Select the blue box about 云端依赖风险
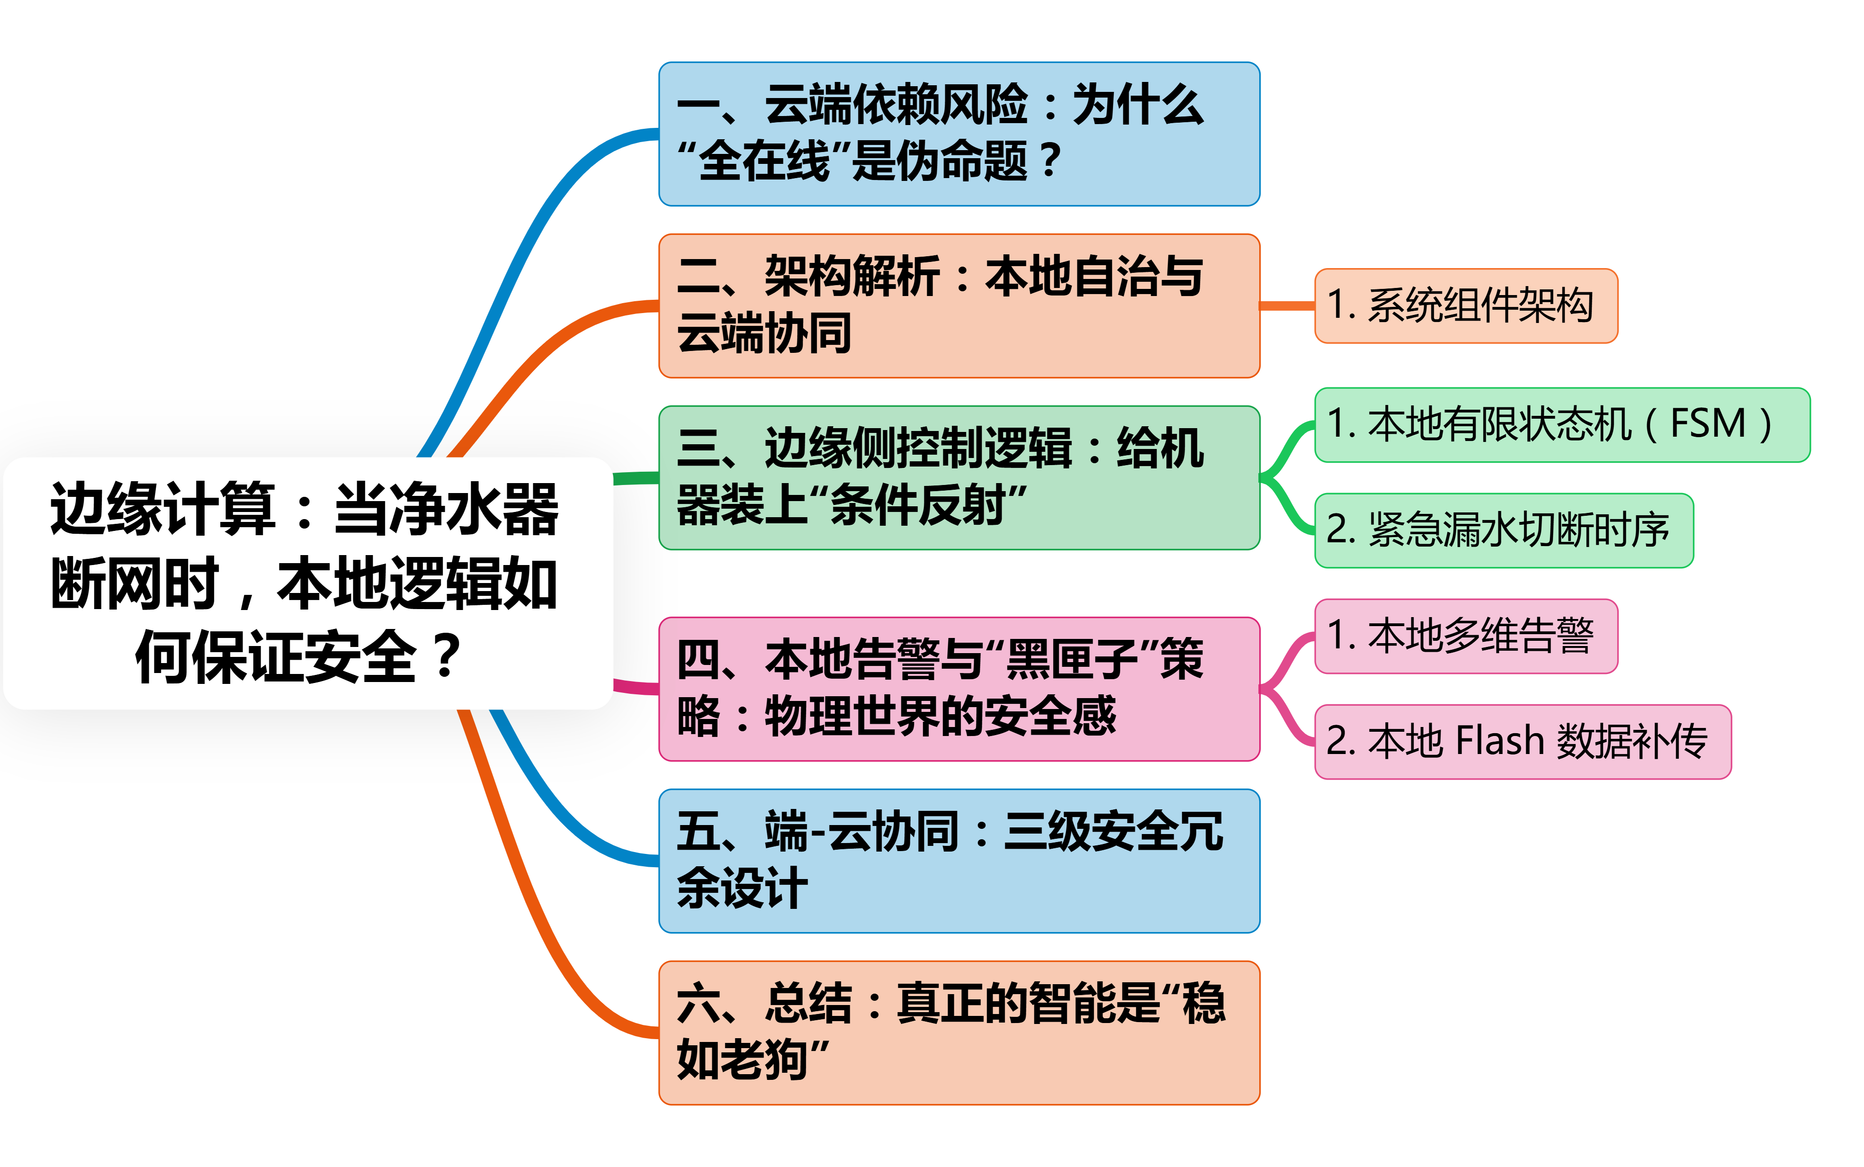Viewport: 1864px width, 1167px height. pyautogui.click(x=959, y=134)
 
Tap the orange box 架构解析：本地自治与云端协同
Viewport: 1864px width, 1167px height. pyautogui.click(x=959, y=305)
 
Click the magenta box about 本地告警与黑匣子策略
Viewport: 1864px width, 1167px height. pyautogui.click(x=959, y=689)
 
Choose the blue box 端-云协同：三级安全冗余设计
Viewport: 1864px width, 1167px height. pyautogui.click(x=959, y=861)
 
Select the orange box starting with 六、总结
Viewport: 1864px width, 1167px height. pyautogui.click(x=959, y=1032)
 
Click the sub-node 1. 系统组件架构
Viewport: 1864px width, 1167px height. pyautogui.click(x=1466, y=305)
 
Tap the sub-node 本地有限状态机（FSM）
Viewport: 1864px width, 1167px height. pyautogui.click(x=1561, y=424)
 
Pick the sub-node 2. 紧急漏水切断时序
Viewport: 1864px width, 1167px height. pyautogui.click(x=1504, y=530)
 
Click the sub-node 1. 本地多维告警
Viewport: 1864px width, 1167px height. pyautogui.click(x=1466, y=636)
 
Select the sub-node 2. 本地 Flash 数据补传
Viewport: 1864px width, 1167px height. pyautogui.click(x=1522, y=742)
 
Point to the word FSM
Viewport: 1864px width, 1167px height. pyautogui.click(x=1707, y=424)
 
